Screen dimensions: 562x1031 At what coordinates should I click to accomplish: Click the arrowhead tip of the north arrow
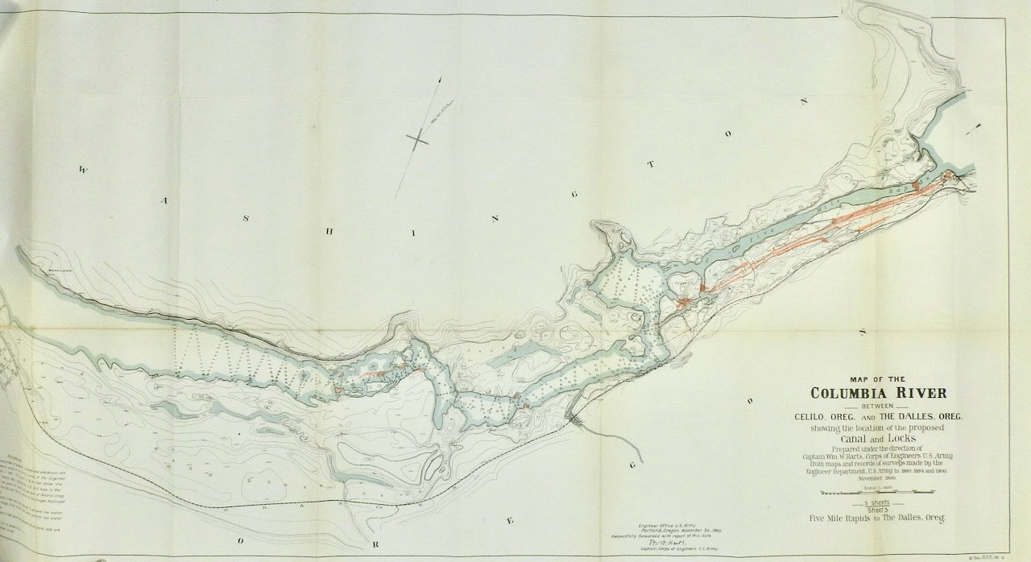441,77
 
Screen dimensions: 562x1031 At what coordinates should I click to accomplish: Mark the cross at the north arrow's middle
419,139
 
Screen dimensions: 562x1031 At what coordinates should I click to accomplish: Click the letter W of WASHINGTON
82,170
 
